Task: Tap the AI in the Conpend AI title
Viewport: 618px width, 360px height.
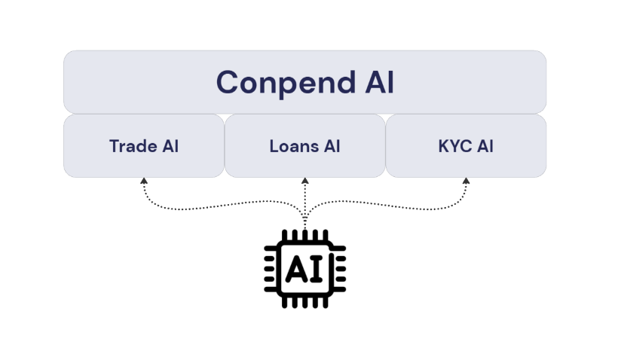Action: coord(378,82)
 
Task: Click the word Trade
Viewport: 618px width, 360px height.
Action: coord(131,146)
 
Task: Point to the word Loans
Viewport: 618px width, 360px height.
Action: coord(292,146)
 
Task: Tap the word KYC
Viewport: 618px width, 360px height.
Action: coord(454,146)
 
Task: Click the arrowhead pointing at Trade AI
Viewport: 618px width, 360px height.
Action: coord(143,182)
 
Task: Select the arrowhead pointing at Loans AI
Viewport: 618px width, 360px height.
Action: coord(304,182)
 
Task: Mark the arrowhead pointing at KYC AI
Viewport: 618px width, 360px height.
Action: coord(466,182)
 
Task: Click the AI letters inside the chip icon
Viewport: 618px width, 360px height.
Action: coord(304,269)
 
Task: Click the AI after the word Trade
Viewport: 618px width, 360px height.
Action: coord(169,146)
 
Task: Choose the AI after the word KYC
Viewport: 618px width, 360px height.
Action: coord(484,146)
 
